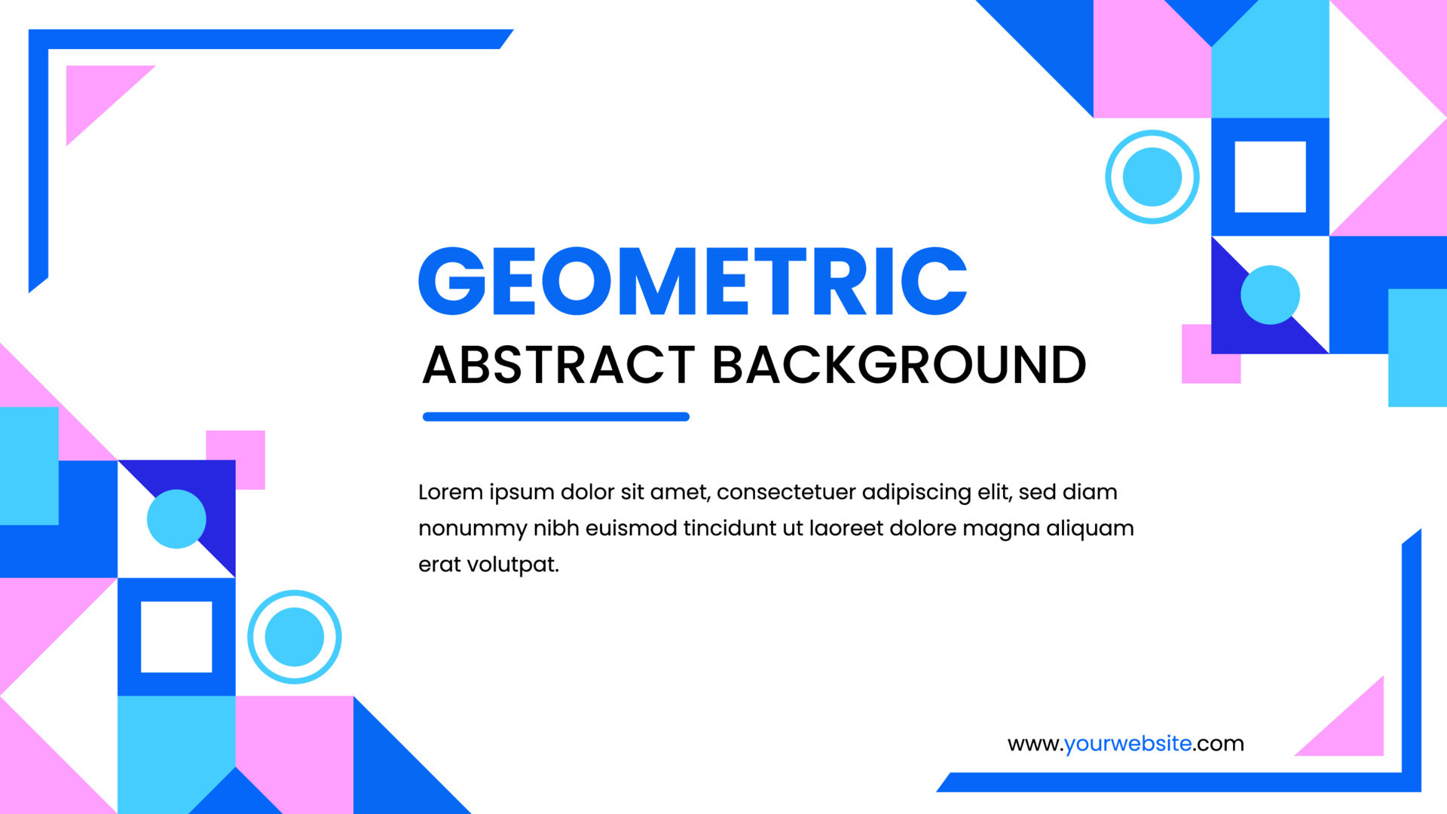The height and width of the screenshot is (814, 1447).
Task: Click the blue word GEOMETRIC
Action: coord(692,282)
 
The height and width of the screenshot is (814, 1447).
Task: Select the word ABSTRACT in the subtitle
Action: coord(558,366)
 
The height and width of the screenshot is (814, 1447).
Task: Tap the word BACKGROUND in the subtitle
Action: coord(898,366)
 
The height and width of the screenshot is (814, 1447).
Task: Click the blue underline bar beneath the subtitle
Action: coord(556,417)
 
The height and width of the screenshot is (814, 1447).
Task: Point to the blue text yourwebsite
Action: coord(1127,744)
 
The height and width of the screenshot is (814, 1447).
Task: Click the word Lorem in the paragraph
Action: coord(450,492)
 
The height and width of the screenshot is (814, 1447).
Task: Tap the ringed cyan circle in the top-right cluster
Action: coord(1152,177)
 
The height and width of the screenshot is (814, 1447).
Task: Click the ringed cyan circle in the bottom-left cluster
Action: coord(294,637)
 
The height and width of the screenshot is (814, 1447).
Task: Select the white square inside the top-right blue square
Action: coord(1270,177)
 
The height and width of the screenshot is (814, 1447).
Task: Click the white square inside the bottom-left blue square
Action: coord(176,637)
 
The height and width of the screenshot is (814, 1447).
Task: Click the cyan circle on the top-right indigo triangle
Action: coord(1270,295)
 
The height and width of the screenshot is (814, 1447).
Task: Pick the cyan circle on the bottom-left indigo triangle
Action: coord(176,519)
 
